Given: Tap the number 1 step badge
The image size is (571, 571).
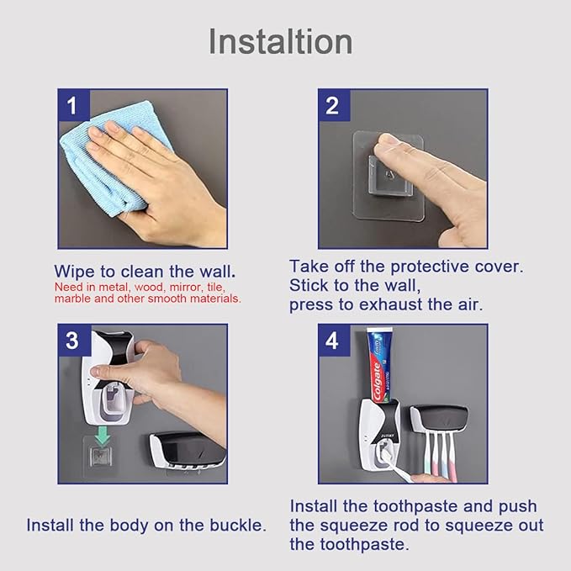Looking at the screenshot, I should pyautogui.click(x=72, y=106).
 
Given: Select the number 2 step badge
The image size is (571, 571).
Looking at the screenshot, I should pyautogui.click(x=332, y=106).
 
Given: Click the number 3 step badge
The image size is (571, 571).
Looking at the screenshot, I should pyautogui.click(x=72, y=341).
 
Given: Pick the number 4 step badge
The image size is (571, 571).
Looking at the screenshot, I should pyautogui.click(x=332, y=341).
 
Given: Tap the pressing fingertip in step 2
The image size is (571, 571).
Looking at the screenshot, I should pyautogui.click(x=391, y=151).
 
